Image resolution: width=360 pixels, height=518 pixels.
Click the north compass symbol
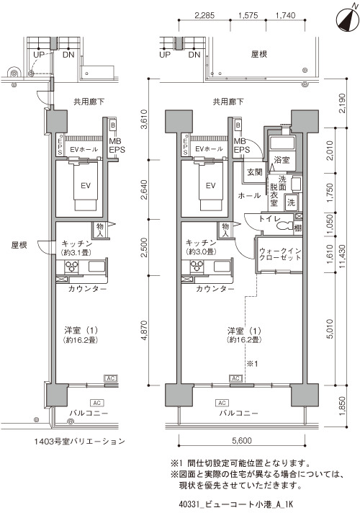click(347, 20)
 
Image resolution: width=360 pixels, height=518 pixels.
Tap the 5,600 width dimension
click(241, 440)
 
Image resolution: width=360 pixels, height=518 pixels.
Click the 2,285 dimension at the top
click(204, 15)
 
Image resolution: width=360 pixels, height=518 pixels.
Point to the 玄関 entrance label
click(255, 172)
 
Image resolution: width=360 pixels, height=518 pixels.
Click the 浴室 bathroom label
click(282, 160)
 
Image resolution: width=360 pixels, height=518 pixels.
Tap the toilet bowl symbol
click(284, 225)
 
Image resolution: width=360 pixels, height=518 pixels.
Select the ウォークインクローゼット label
click(280, 254)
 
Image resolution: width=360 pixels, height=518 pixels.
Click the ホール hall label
click(249, 196)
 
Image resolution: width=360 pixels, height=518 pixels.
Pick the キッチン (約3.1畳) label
click(76, 248)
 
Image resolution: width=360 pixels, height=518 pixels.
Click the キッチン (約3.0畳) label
click(201, 247)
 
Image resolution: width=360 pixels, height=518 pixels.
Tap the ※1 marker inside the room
click(253, 364)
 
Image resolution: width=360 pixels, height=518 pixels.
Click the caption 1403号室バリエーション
click(80, 441)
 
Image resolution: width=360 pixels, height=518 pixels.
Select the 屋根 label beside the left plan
click(19, 245)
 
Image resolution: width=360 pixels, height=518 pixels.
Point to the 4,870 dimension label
click(144, 330)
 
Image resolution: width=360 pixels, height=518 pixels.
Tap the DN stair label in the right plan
click(194, 55)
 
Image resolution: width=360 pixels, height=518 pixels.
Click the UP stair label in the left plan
click(39, 55)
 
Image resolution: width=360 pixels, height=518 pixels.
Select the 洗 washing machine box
click(291, 202)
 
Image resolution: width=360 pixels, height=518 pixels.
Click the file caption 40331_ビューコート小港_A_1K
click(236, 504)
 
